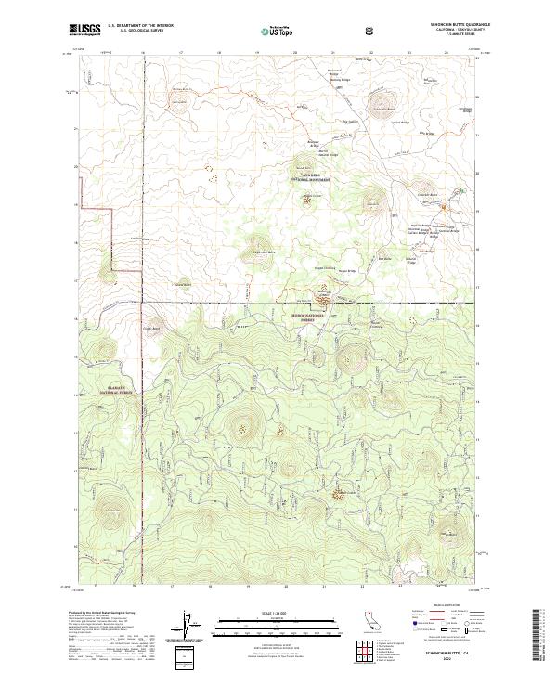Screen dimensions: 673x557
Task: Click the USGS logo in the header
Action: pyautogui.click(x=85, y=30)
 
